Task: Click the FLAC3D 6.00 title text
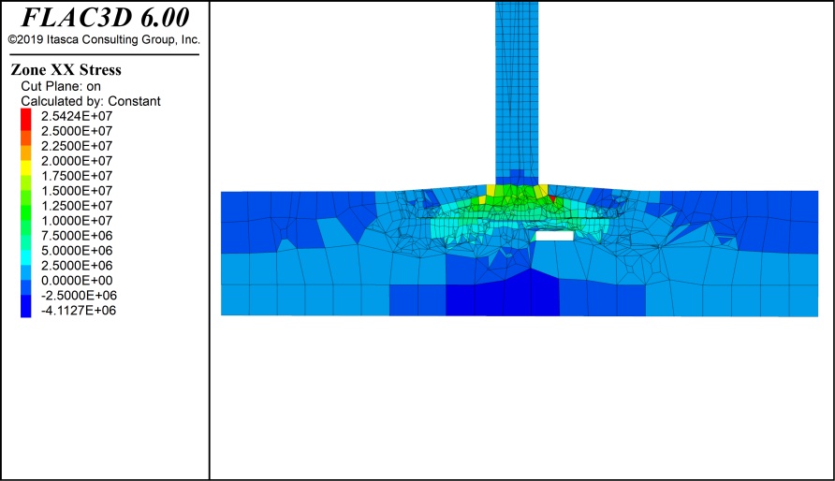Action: pyautogui.click(x=105, y=18)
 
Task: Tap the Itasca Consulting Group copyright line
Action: pyautogui.click(x=105, y=39)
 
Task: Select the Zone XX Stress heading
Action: pyautogui.click(x=66, y=69)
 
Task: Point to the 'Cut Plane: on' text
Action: pyautogui.click(x=61, y=86)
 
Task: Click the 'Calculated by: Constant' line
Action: pyautogui.click(x=91, y=101)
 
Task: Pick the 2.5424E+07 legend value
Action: pyautogui.click(x=77, y=116)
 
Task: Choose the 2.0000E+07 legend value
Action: pyautogui.click(x=77, y=161)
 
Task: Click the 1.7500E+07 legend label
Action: pyautogui.click(x=77, y=176)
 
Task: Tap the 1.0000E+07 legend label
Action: pyautogui.click(x=77, y=220)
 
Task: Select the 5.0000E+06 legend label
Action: pyautogui.click(x=77, y=250)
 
